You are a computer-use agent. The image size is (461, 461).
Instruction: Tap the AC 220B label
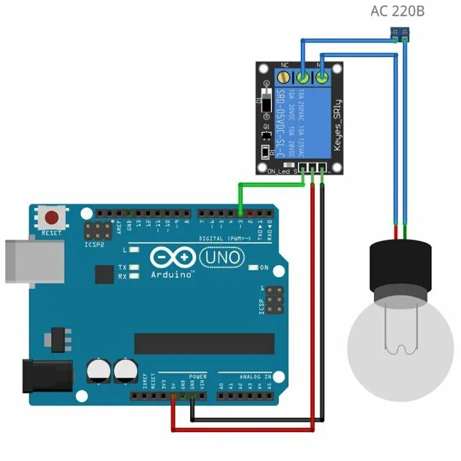(x=397, y=11)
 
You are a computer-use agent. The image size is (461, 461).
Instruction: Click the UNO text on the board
(x=222, y=257)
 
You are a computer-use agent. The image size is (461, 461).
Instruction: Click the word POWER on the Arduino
(x=198, y=376)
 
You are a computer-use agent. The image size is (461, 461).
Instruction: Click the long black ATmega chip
(x=204, y=343)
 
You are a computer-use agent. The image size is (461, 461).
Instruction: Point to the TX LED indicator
(x=134, y=267)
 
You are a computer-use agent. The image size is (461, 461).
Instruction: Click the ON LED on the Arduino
(x=254, y=267)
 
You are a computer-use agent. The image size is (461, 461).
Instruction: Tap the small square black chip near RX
(x=104, y=274)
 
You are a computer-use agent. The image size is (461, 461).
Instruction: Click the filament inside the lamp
(x=401, y=333)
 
